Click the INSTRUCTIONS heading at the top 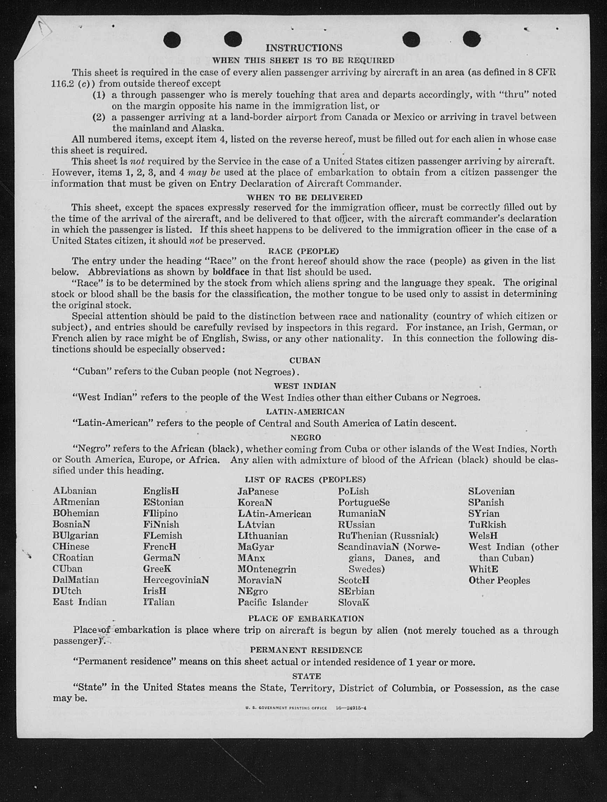click(x=304, y=48)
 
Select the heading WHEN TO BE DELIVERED click(x=304, y=197)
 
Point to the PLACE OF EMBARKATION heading click(x=306, y=618)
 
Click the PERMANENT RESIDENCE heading click(x=306, y=650)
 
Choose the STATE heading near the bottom click(x=306, y=676)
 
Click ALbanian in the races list click(x=75, y=491)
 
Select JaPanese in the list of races click(x=258, y=492)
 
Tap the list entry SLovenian click(x=491, y=491)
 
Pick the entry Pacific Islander click(x=273, y=602)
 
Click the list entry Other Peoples click(x=499, y=580)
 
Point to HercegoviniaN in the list click(x=176, y=580)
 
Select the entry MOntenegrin click(x=267, y=569)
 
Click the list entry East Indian click(x=79, y=602)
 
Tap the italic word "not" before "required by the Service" click(x=137, y=161)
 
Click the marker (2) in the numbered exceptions click(x=99, y=117)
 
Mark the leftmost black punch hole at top click(x=172, y=40)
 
